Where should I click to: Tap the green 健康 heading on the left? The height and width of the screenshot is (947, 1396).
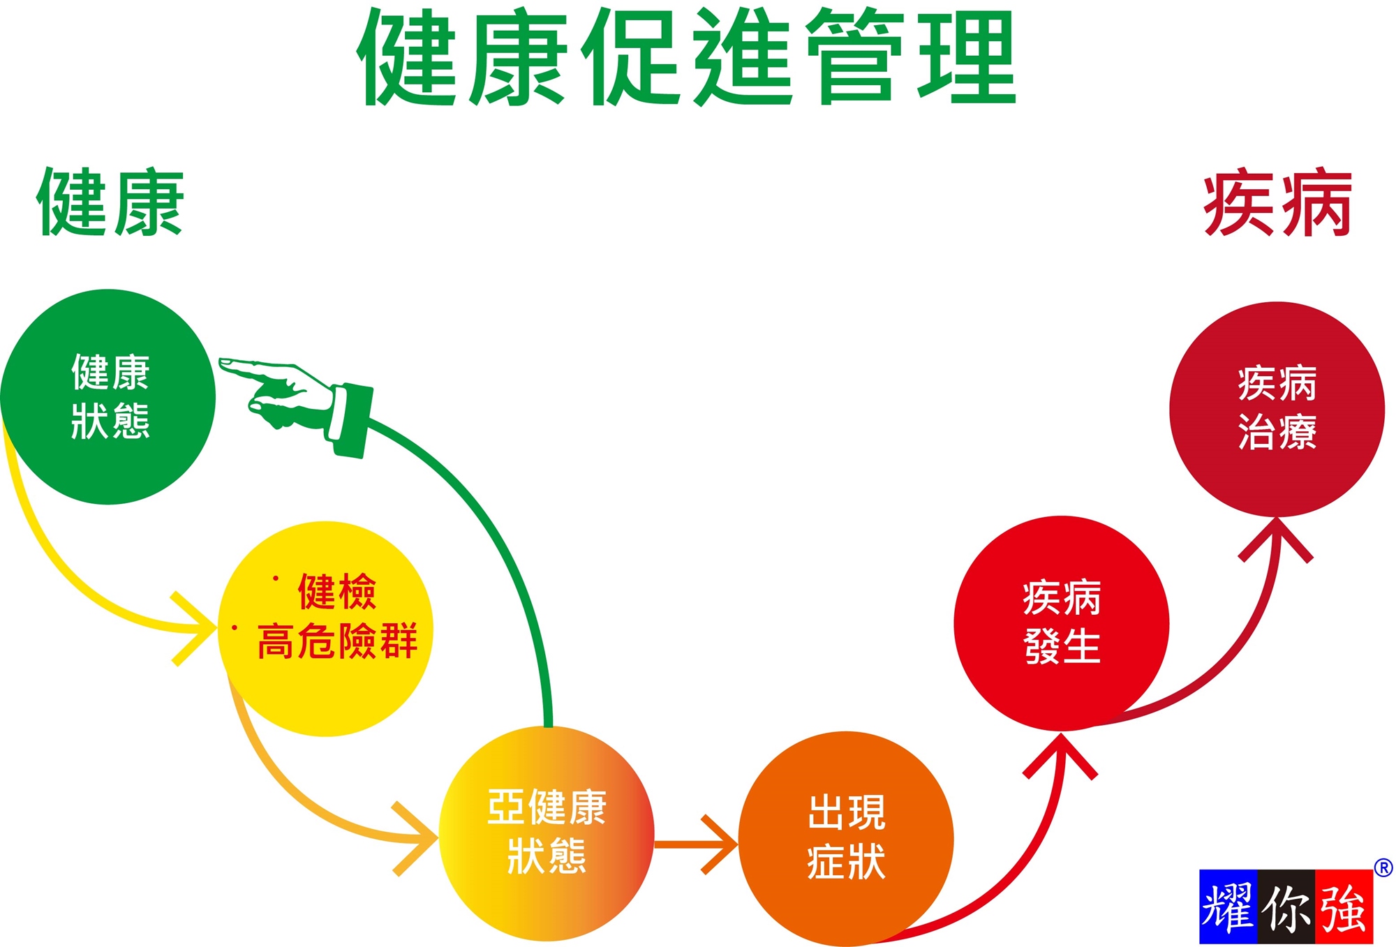coord(110,202)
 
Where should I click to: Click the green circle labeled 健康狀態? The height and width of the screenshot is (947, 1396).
coord(108,396)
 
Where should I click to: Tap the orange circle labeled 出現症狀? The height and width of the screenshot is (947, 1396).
coord(846,837)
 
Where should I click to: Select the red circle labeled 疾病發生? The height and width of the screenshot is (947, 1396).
coord(1061,622)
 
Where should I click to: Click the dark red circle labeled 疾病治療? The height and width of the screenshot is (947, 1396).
coord(1277,409)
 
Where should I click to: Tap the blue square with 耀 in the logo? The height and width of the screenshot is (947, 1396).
coord(1228,907)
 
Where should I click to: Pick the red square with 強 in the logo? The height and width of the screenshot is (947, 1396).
coord(1344,907)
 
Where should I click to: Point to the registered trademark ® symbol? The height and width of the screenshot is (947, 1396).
coord(1383,867)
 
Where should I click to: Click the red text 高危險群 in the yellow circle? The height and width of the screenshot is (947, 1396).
coord(338,641)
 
